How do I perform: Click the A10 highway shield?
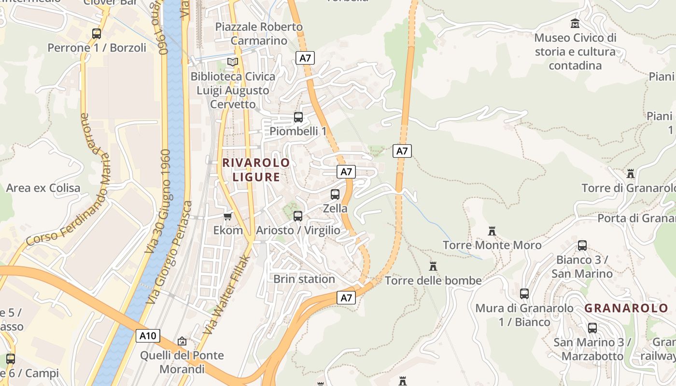[x=148, y=336]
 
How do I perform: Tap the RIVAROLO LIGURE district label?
[x=256, y=170]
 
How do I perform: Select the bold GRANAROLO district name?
[x=626, y=308]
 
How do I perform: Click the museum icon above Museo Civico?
[x=575, y=23]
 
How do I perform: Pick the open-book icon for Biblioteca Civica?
[x=233, y=62]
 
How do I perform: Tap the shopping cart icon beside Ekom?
[x=228, y=216]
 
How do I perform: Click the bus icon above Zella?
[x=335, y=194]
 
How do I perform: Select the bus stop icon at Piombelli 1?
[x=298, y=117]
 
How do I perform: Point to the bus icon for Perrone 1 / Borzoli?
[x=97, y=34]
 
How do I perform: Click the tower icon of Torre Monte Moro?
[x=492, y=231]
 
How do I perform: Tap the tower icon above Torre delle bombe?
[x=433, y=266]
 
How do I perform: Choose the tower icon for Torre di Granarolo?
[x=630, y=174]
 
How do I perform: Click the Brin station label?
[x=304, y=279]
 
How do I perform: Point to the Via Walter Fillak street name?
[x=227, y=295]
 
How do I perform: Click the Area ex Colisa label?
[x=43, y=188]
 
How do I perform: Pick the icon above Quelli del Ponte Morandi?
[x=182, y=341]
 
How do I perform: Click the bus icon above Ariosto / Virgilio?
[x=298, y=216]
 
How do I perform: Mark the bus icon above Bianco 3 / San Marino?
[x=582, y=246]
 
